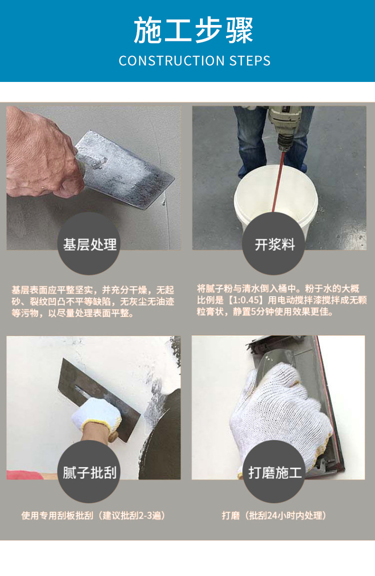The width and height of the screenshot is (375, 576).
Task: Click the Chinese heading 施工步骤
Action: click(193, 30)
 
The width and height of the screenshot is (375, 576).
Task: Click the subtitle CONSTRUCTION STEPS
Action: click(194, 60)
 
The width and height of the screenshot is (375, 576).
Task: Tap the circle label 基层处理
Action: click(89, 244)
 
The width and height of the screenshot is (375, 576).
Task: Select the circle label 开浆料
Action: click(274, 244)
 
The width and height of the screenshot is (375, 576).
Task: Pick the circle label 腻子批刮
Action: click(89, 473)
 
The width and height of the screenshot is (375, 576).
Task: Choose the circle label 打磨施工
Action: click(274, 473)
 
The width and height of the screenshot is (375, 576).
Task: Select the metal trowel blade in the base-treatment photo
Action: click(125, 169)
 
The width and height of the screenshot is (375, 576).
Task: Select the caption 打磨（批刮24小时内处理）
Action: click(274, 516)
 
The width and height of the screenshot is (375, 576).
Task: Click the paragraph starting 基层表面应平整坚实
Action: click(92, 302)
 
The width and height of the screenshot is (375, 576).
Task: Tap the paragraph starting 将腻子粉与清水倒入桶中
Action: click(281, 300)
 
